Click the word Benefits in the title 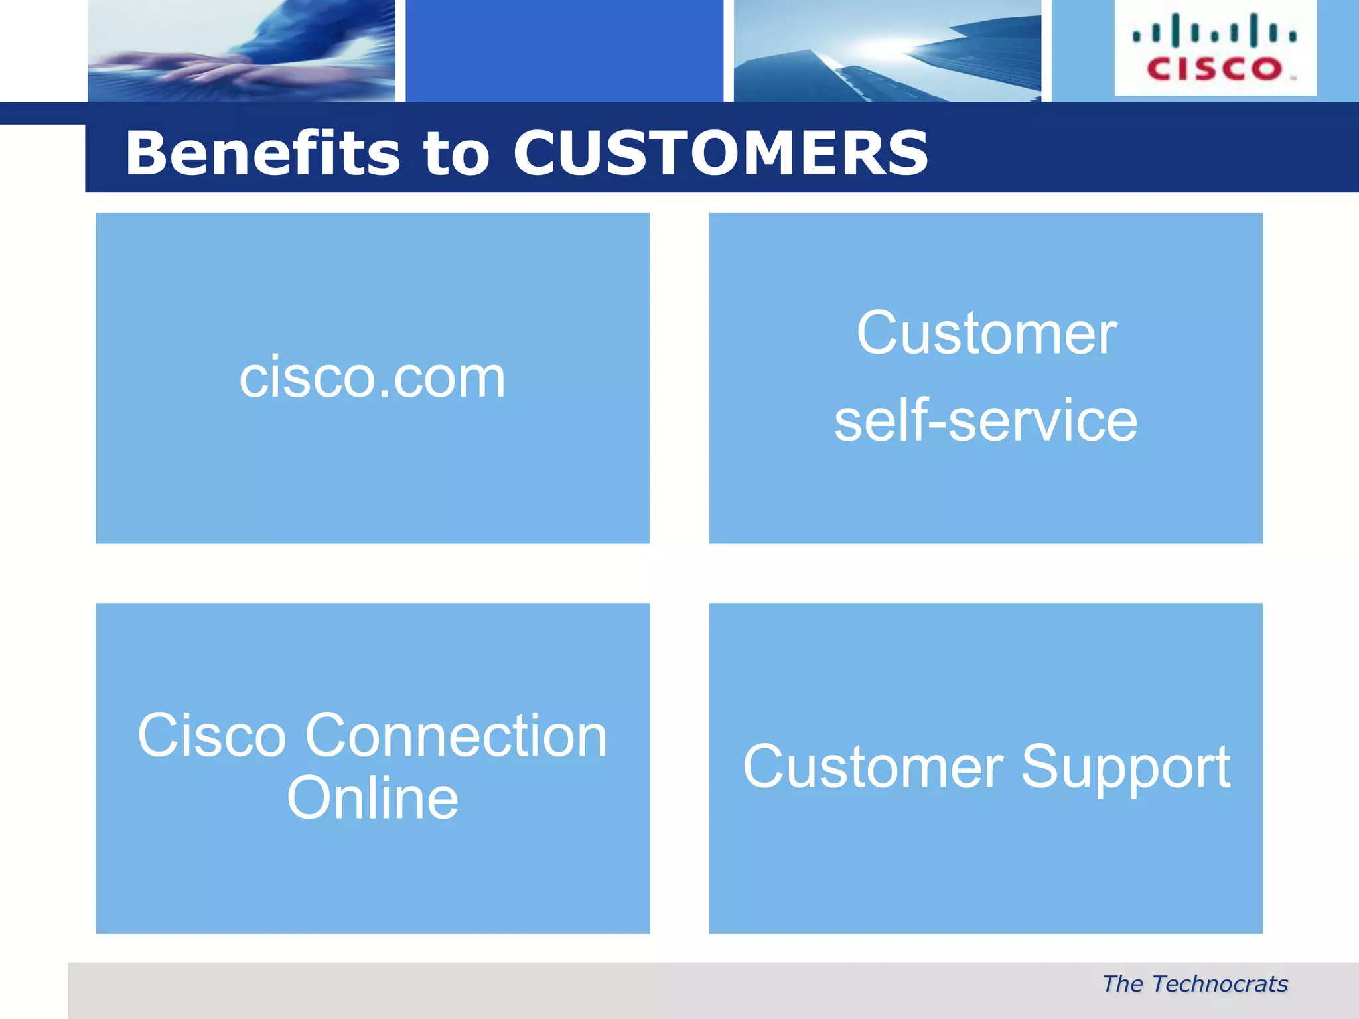click(x=263, y=153)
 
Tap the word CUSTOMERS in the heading click(x=721, y=153)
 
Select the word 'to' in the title click(x=457, y=155)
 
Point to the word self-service click(x=985, y=421)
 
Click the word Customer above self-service click(x=986, y=334)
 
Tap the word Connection click(x=456, y=736)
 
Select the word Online click(x=372, y=798)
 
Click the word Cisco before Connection click(x=212, y=736)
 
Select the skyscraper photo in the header click(x=887, y=50)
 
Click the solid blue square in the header click(x=564, y=50)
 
